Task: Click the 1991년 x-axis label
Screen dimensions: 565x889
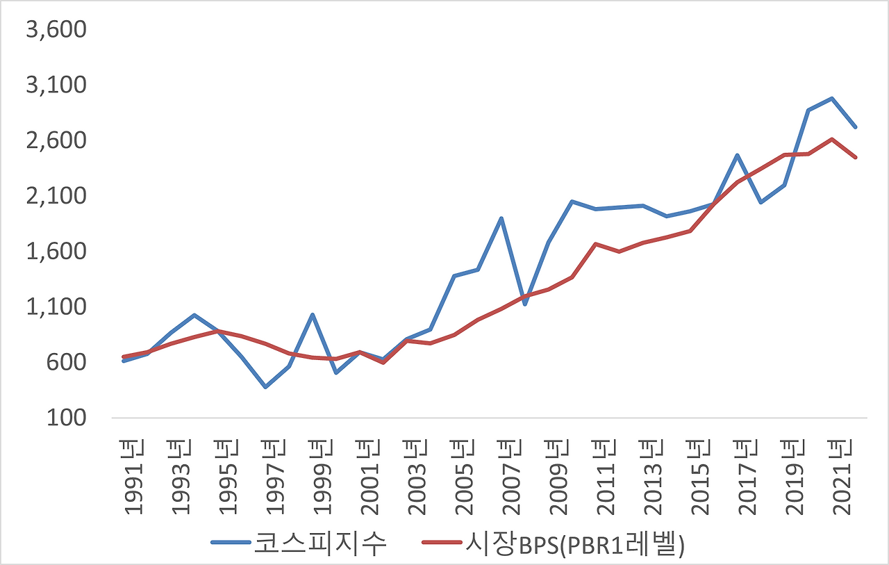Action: point(133,477)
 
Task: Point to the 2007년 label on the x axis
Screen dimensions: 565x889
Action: point(512,477)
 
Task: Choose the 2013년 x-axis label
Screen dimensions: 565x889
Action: point(654,477)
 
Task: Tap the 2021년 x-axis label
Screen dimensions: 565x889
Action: point(844,477)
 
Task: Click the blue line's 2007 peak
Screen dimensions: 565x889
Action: point(501,218)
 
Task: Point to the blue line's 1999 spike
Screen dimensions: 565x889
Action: point(313,315)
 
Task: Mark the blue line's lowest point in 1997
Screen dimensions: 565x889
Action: point(265,387)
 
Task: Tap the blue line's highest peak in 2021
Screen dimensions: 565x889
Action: point(832,98)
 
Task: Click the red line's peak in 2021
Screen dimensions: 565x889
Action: point(832,139)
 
